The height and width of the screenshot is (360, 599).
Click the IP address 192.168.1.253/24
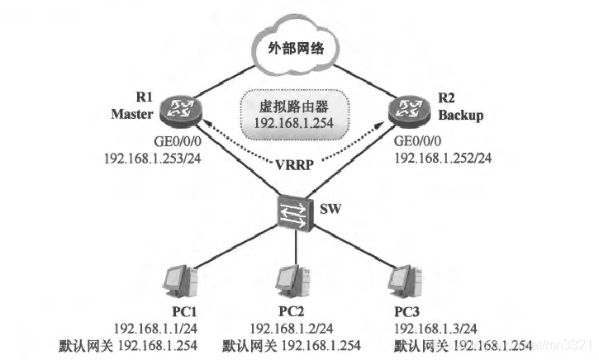click(x=153, y=156)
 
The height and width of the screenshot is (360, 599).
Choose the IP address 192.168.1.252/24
click(x=441, y=156)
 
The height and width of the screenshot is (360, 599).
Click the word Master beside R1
click(x=131, y=115)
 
